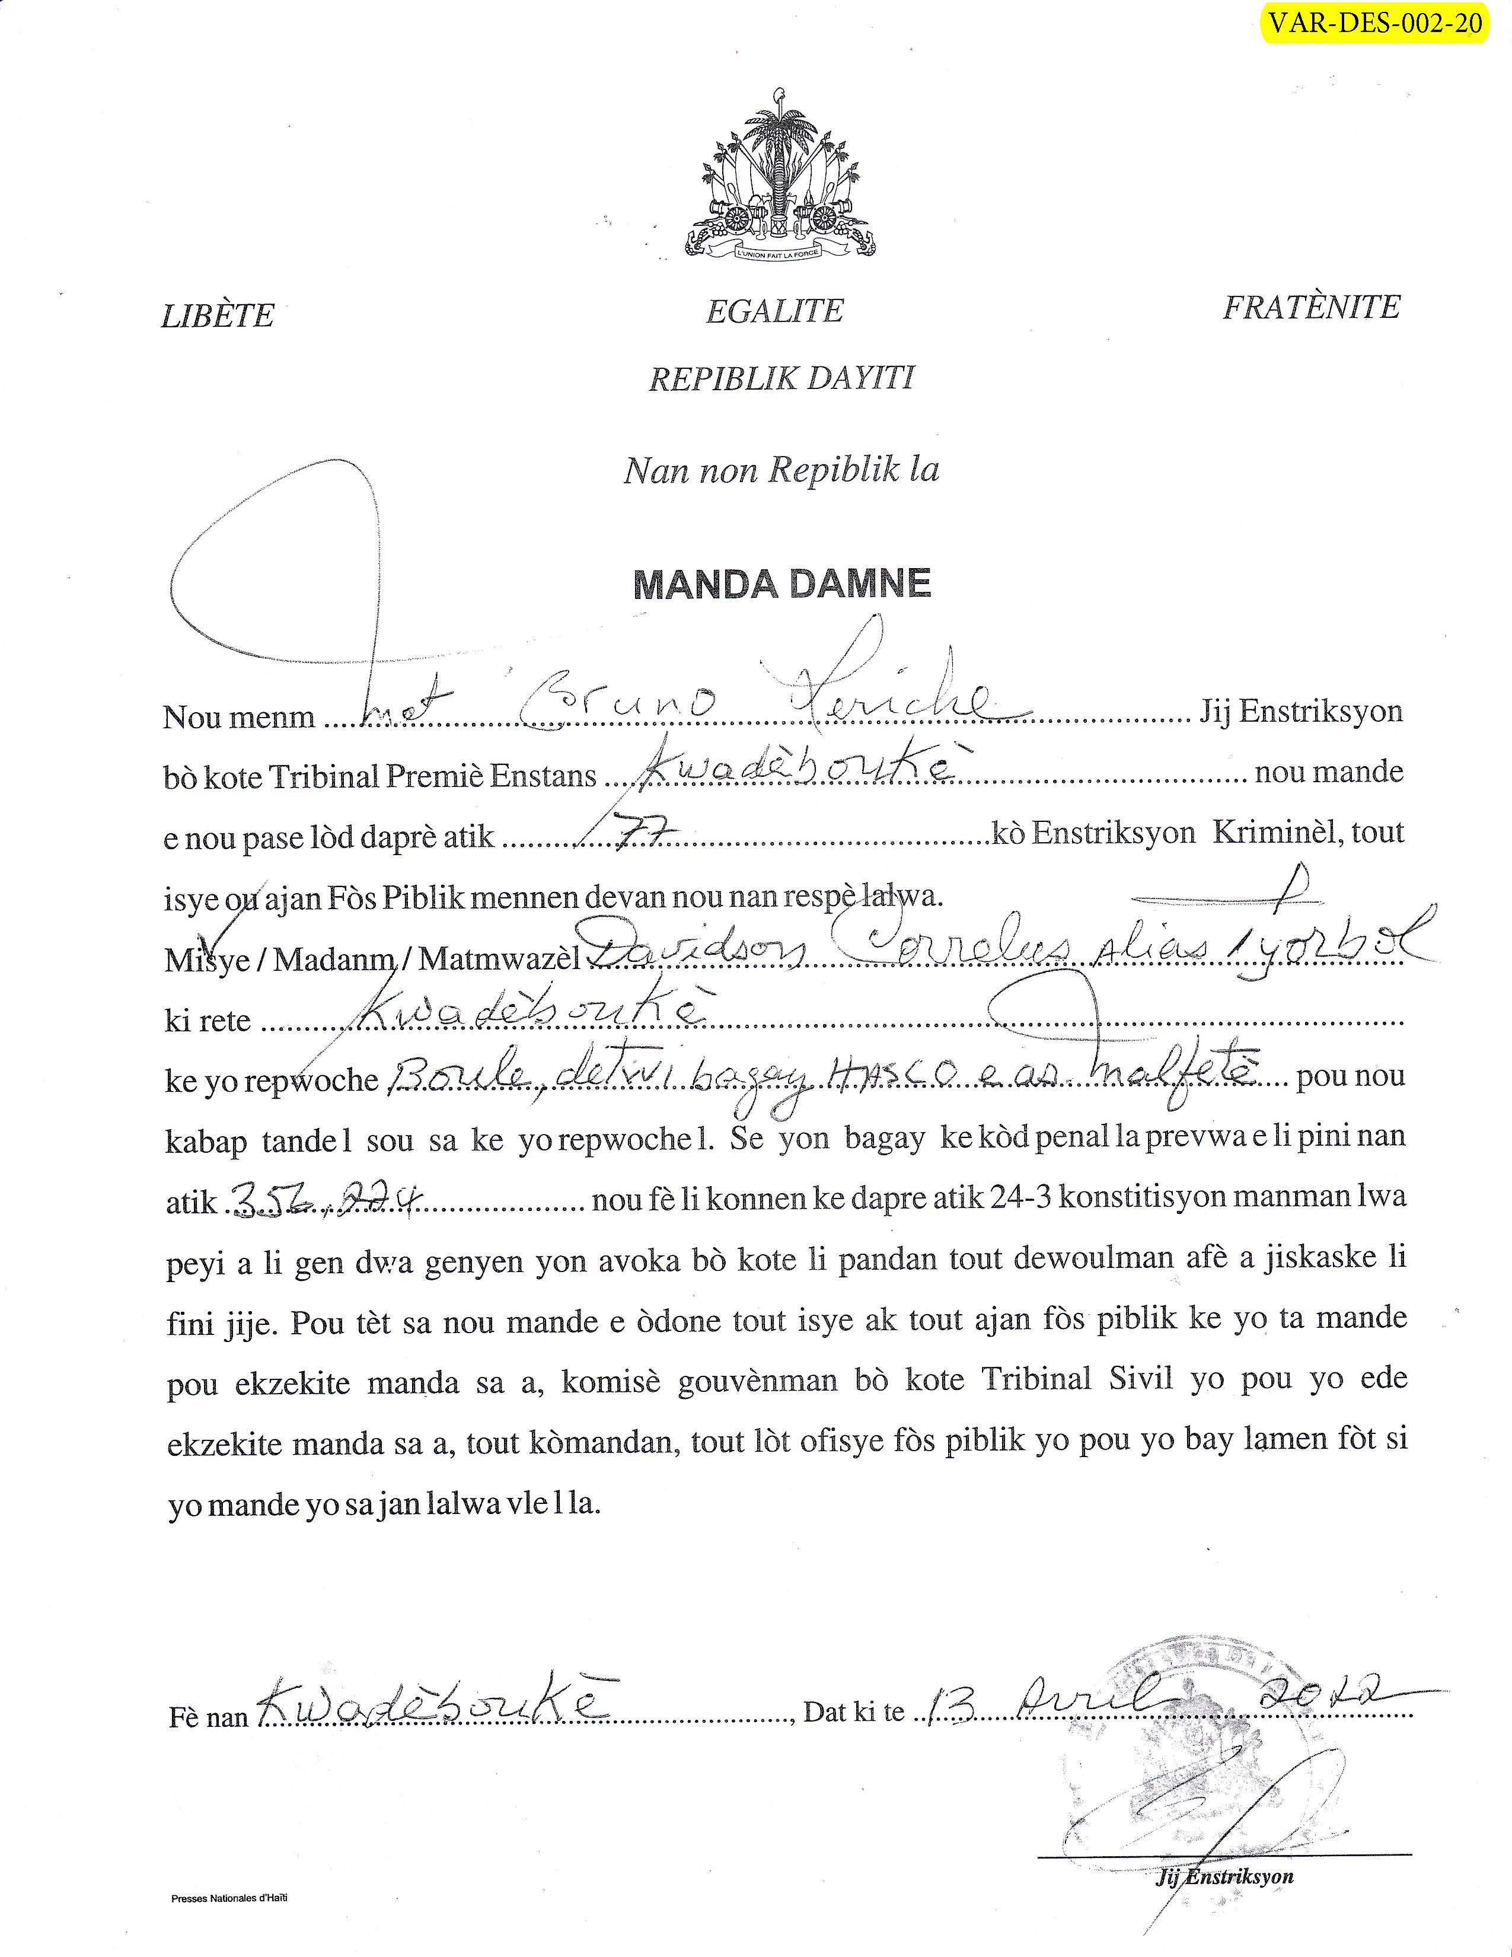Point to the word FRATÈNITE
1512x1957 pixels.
pos(1310,307)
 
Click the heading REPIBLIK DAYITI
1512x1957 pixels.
pos(781,379)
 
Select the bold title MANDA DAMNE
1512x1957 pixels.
pos(782,584)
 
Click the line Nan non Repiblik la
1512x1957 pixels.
pos(781,470)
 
